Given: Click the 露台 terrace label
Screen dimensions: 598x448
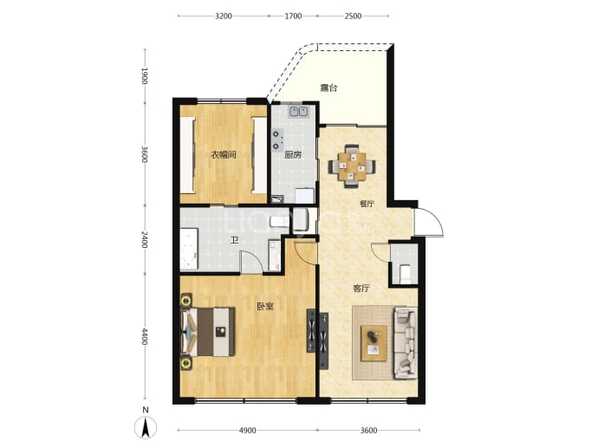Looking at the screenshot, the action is point(328,88).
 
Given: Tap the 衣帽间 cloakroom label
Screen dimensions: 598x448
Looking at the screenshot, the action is point(224,155).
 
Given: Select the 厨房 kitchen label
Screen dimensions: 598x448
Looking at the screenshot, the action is point(293,155).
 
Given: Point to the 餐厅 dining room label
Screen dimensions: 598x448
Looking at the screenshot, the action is point(367,204).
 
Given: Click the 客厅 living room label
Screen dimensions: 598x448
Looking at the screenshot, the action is point(361,289).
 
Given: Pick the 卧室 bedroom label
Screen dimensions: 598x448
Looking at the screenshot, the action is point(265,306).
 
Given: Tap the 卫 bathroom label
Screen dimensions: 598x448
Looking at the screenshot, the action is point(235,240).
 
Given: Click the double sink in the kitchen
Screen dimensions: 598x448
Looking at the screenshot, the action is point(299,111).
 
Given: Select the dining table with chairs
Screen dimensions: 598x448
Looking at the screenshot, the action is point(352,166).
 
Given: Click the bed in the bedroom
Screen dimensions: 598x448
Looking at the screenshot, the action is point(208,332).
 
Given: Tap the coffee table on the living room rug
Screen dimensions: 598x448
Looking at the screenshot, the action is point(374,343).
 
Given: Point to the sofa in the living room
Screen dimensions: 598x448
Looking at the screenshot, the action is point(405,343).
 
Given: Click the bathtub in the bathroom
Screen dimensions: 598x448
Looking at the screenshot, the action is point(189,250).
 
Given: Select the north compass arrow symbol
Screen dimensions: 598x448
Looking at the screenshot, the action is point(146,427).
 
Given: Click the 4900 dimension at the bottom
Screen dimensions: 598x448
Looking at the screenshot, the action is point(247,431).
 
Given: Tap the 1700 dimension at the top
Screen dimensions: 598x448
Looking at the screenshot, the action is point(293,16).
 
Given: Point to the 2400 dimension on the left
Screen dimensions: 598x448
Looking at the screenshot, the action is point(144,239).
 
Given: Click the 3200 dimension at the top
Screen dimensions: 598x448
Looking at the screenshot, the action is point(224,16).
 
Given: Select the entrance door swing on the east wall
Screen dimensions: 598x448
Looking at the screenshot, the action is point(429,223).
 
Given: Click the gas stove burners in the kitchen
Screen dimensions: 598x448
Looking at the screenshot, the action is point(277,140).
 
